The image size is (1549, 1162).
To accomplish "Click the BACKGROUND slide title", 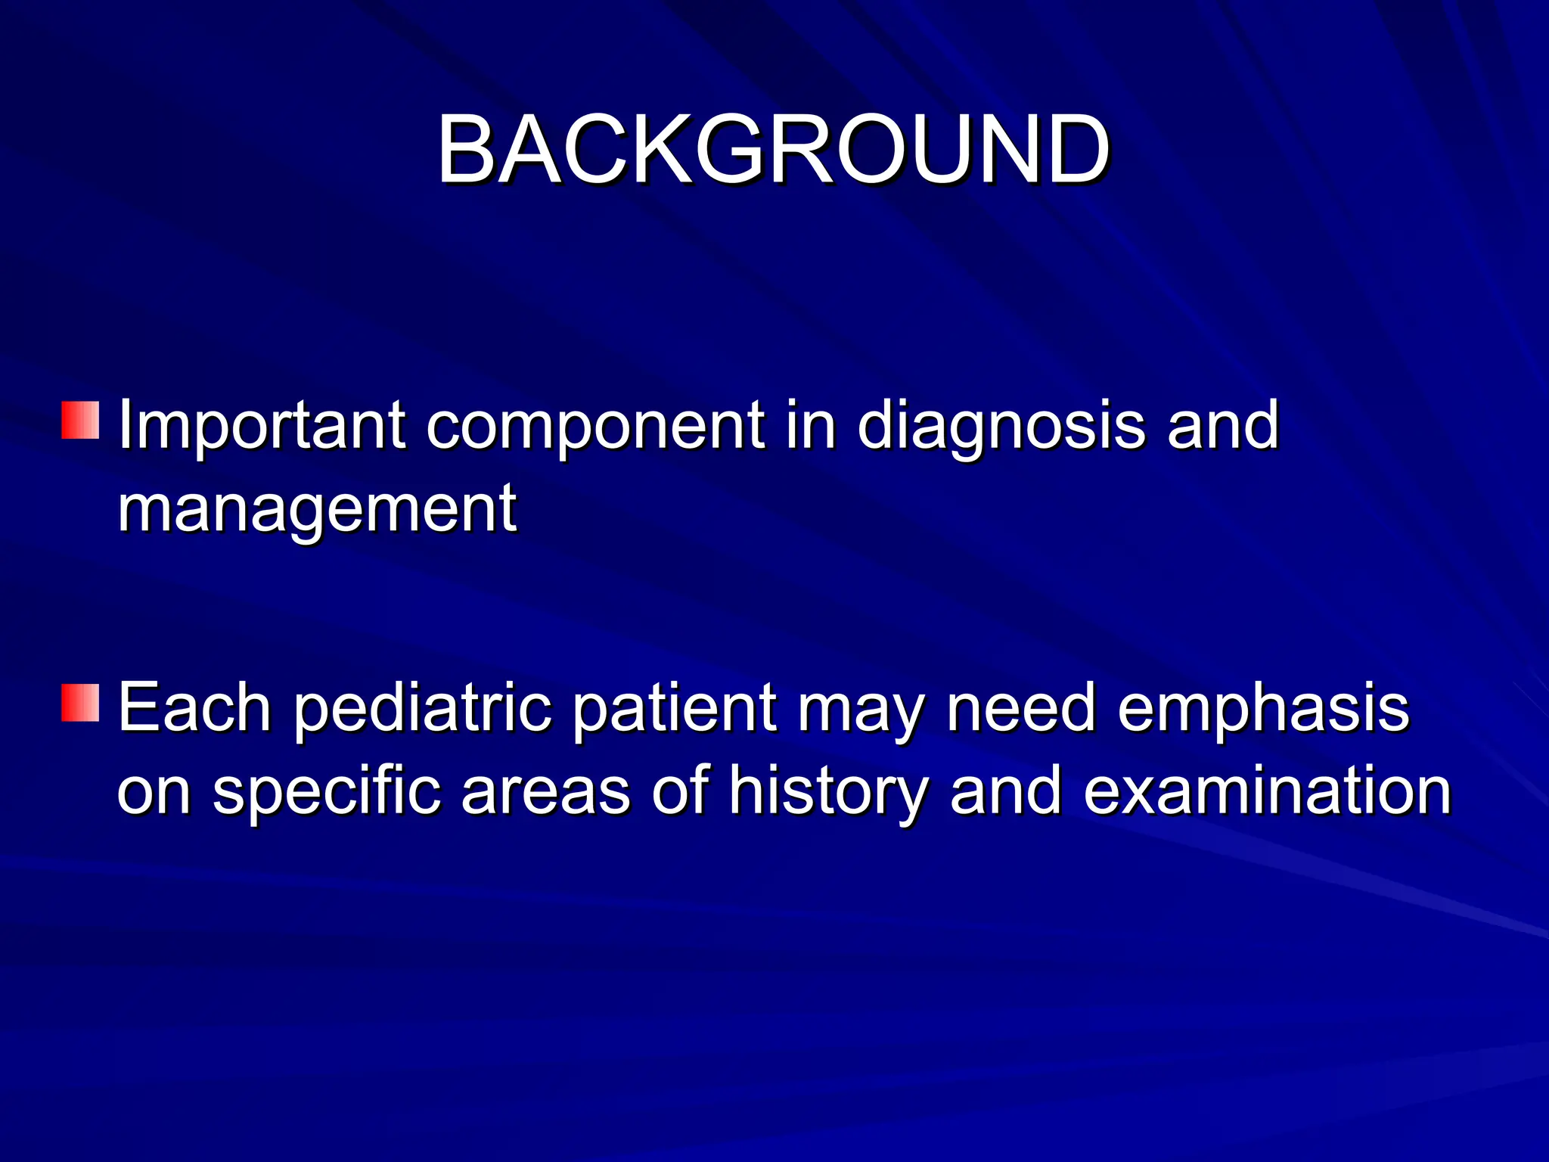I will (773, 149).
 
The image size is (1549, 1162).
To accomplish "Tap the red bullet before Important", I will (80, 420).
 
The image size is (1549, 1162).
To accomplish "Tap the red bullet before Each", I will (80, 703).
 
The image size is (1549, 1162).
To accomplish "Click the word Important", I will (262, 426).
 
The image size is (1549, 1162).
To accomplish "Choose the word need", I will (1020, 709).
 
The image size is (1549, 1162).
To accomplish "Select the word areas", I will (545, 793).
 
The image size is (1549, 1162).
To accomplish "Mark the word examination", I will (1267, 791).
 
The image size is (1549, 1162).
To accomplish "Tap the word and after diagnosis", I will (1222, 426).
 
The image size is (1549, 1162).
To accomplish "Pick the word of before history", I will (680, 791).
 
